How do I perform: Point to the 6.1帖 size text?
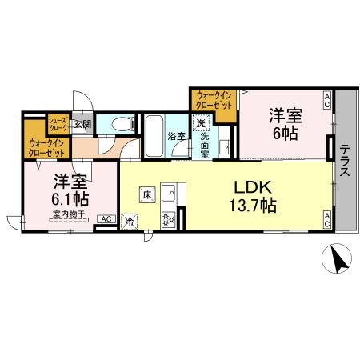point(70,198)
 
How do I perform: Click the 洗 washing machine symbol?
point(202,123)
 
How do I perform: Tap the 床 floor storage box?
point(147,193)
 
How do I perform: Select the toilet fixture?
point(121,124)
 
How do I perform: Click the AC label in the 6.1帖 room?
point(105,218)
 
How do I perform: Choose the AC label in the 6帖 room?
point(327,98)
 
